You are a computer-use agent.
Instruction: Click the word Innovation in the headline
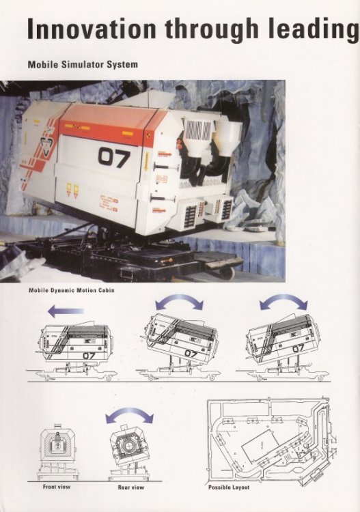pos(92,29)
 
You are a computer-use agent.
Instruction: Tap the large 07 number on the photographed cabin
pos(114,158)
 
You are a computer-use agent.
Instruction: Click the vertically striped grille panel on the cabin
pos(199,130)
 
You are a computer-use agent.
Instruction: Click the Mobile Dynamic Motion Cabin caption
pos(72,290)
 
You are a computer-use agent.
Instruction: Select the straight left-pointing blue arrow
pos(66,311)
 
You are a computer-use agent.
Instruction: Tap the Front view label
pos(57,487)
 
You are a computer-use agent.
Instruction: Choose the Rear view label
pos(130,487)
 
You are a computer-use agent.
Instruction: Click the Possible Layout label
pos(229,487)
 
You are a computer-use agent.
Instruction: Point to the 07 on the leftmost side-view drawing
pos(89,355)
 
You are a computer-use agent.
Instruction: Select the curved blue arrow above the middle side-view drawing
pos(179,302)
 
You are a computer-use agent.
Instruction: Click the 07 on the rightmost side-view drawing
pos(298,349)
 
